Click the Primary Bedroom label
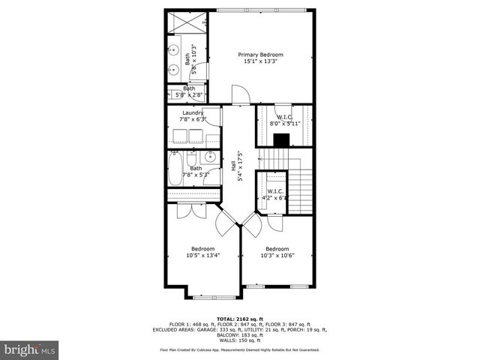261,55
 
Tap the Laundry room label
192,113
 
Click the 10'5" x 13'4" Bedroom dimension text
202,255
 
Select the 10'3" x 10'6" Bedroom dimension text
277,255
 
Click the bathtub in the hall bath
175,169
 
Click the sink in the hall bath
211,157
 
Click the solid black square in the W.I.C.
282,139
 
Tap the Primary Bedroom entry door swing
238,95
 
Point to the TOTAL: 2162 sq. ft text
239,319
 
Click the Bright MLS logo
30,349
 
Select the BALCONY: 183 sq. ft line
239,334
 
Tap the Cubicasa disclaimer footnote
239,349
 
